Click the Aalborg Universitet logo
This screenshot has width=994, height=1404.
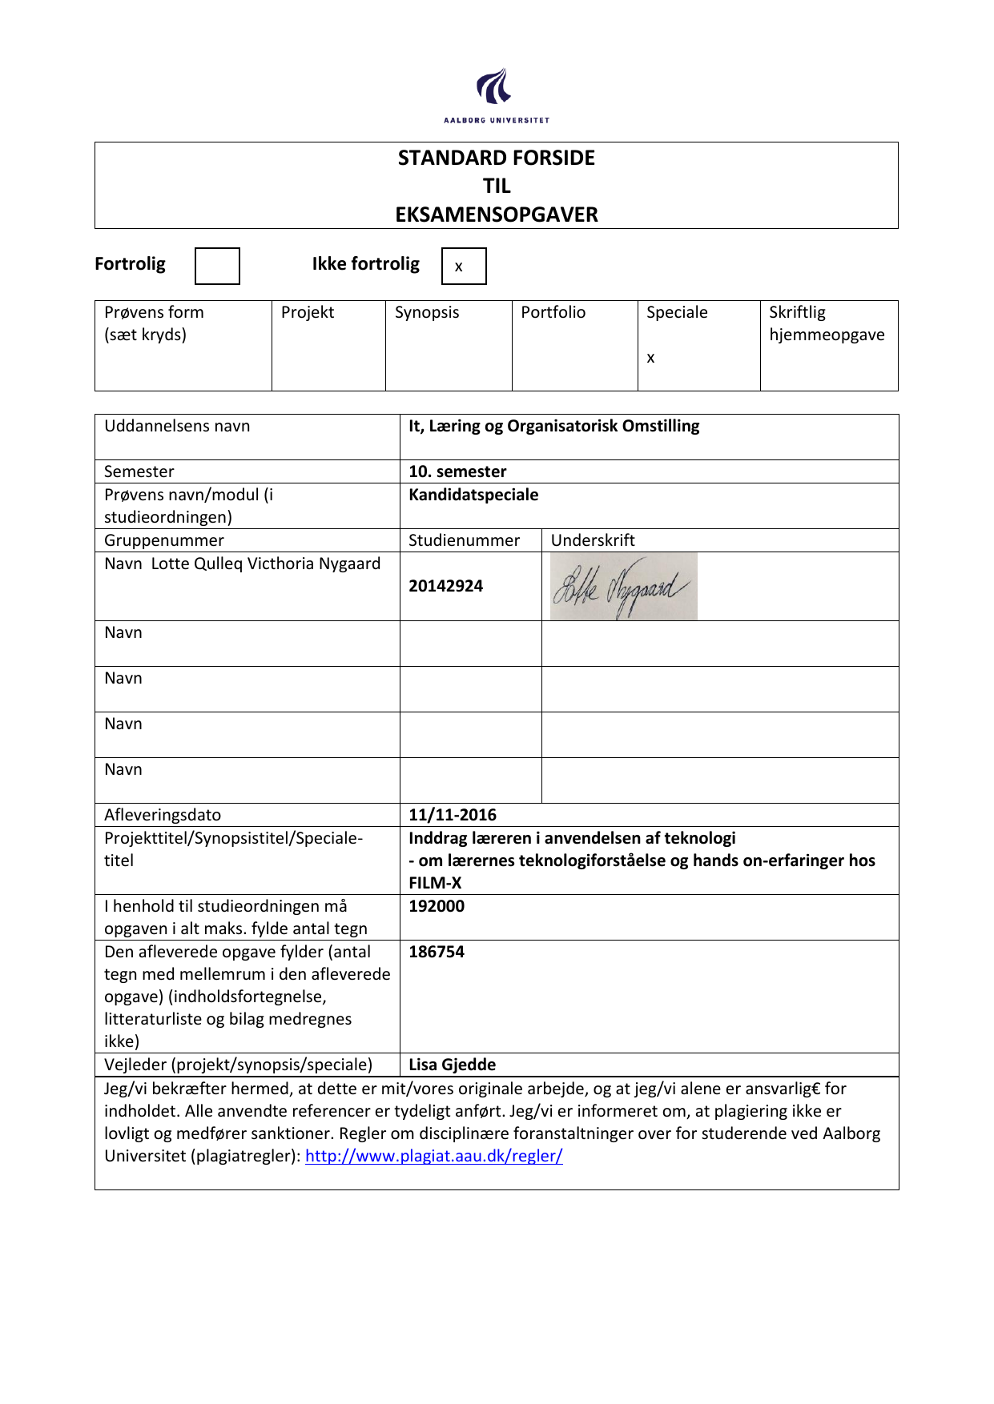[x=497, y=95]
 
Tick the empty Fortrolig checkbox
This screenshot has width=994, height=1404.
[x=217, y=266]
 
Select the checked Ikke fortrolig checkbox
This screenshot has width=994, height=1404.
[x=464, y=267]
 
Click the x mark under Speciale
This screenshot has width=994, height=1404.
[x=650, y=358]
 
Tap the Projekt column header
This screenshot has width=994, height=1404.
[x=308, y=312]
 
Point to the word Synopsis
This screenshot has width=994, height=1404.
[x=427, y=312]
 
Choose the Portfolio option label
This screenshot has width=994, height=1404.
[x=553, y=312]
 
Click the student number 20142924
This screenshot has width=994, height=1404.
[x=445, y=586]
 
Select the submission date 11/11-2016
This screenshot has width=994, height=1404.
[x=453, y=815]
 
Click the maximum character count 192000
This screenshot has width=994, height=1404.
[x=437, y=906]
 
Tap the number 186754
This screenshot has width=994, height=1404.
[x=437, y=952]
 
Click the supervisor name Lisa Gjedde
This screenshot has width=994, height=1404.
[x=452, y=1065]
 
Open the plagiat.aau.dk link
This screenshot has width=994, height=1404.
[x=433, y=1156]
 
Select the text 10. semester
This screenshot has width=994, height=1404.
[x=457, y=471]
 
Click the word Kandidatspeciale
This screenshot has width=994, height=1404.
[x=473, y=495]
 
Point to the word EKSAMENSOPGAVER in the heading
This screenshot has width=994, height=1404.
[x=497, y=215]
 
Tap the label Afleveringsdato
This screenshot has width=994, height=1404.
[x=163, y=815]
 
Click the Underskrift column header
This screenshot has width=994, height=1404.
[x=593, y=540]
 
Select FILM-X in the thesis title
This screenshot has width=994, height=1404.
[x=435, y=883]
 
